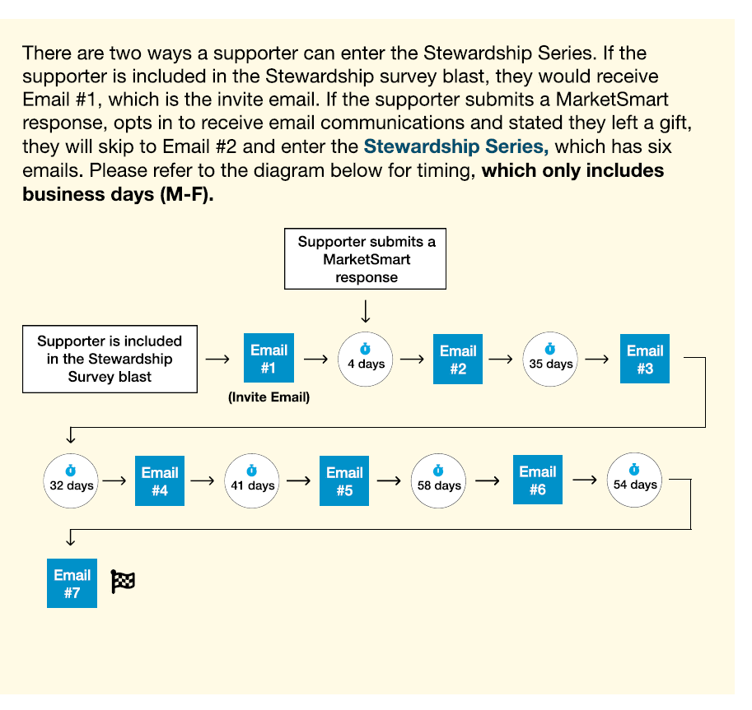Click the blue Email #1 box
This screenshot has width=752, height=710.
pos(269,359)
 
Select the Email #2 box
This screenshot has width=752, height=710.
pos(458,360)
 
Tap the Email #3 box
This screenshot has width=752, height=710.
pos(644,359)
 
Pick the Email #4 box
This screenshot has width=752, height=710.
pos(160,481)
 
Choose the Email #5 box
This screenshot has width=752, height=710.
pos(344,481)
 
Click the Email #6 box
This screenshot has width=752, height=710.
pos(537,480)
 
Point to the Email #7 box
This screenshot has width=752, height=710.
pos(72,583)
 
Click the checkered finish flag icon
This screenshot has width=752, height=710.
pos(123,582)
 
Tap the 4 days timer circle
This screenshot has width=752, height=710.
pos(366,360)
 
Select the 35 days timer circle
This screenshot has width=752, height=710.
pos(550,360)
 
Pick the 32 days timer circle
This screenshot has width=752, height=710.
pos(71,480)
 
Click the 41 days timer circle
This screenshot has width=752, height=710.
pos(252,480)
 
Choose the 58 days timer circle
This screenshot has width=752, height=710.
pos(438,480)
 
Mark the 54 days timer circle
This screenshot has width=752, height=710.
pos(634,480)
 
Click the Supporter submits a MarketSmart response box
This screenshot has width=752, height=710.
pos(366,259)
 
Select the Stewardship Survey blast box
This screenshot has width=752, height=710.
pos(110,359)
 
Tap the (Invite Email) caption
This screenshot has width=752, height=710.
pos(269,398)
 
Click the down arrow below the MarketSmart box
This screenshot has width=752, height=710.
pos(366,311)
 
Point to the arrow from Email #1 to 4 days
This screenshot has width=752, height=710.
pos(315,359)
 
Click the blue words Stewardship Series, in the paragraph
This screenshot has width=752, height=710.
pos(455,147)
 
